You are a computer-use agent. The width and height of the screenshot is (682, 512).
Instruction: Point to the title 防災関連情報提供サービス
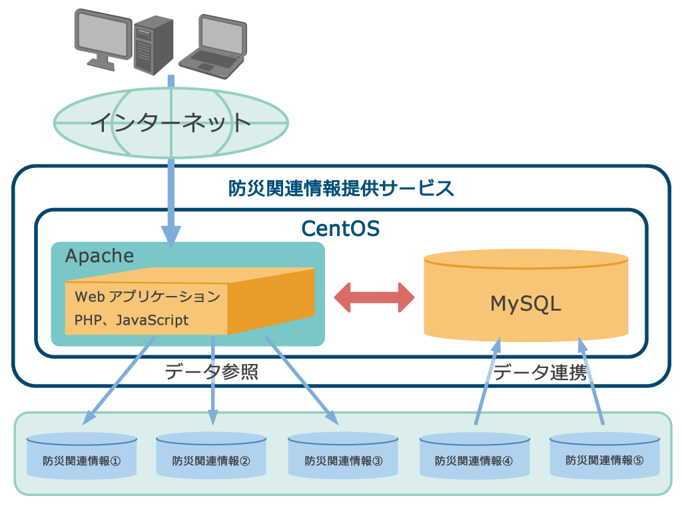tap(341, 189)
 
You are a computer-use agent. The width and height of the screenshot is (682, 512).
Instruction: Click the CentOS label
tap(340, 229)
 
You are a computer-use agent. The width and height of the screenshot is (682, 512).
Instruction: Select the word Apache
tap(99, 256)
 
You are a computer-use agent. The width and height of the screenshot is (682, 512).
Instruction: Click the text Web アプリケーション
tap(147, 296)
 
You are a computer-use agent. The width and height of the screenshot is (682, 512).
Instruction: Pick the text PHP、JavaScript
tap(131, 320)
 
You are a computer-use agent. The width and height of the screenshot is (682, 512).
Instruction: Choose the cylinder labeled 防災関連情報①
tap(81, 456)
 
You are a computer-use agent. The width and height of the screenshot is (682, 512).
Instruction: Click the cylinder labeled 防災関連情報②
tap(211, 456)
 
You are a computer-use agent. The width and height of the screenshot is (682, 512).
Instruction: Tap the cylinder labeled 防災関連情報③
tap(344, 456)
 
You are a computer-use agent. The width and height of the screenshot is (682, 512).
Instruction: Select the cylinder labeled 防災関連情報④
tap(474, 456)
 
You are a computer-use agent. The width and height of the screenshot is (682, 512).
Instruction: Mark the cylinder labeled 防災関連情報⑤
tap(605, 456)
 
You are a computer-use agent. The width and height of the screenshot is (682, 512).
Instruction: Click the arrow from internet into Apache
tap(171, 200)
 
